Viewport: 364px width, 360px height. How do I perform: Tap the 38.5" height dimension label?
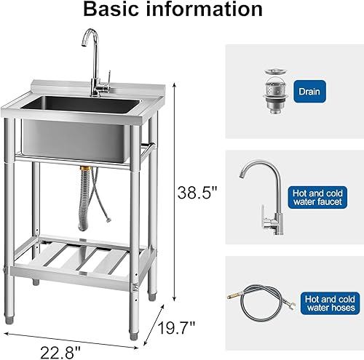point(197,193)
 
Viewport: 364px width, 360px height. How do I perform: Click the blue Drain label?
point(308,92)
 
